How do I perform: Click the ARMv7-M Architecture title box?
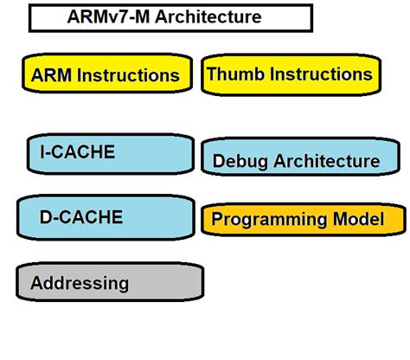point(170,17)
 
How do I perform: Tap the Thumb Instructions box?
point(290,74)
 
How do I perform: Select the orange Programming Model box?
point(303,220)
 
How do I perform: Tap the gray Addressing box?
point(110,283)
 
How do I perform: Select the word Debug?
point(240,161)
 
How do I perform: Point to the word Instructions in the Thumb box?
point(321,74)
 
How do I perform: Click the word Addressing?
point(80,283)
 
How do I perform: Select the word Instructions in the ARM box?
point(129,75)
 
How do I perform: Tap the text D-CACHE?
point(81,216)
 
